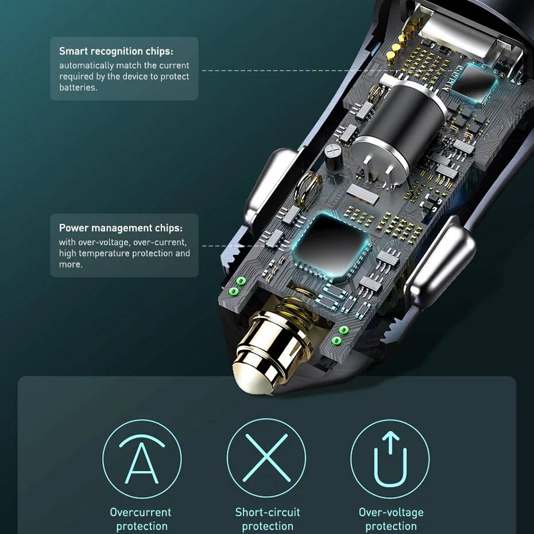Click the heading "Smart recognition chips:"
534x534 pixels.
pyautogui.click(x=116, y=51)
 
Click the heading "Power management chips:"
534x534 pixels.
pyautogui.click(x=121, y=228)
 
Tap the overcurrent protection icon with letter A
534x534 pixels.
pyautogui.click(x=142, y=459)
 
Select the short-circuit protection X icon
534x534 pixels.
pyautogui.click(x=266, y=458)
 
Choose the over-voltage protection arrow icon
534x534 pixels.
pyautogui.click(x=390, y=459)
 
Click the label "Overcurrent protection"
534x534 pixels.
pyautogui.click(x=141, y=519)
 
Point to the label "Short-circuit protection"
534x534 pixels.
pyautogui.click(x=268, y=519)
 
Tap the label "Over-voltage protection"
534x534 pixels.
pyautogui.click(x=391, y=519)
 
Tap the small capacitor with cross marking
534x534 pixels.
pyautogui.click(x=333, y=156)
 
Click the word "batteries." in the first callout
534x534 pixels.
pyautogui.click(x=78, y=87)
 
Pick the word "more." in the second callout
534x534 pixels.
pyautogui.click(x=71, y=265)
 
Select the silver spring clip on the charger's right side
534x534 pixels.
pyautogui.click(x=439, y=266)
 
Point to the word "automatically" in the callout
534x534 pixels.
pyautogui.click(x=87, y=65)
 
